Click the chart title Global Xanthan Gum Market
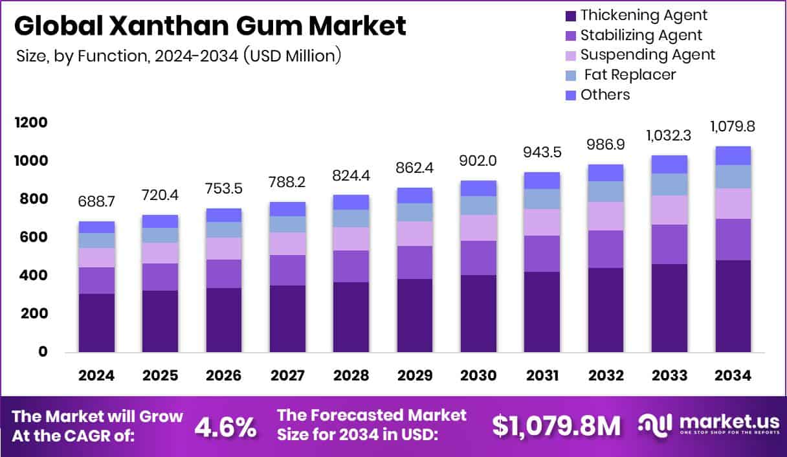point(210,26)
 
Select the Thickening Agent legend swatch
point(570,16)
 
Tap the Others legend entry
point(604,95)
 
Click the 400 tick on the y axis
point(32,276)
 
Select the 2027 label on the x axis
point(287,376)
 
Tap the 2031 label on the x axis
point(541,376)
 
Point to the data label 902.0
point(478,160)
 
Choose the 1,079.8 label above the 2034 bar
point(733,126)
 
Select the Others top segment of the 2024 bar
point(96,227)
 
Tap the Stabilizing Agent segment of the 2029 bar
point(414,262)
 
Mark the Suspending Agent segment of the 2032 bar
point(605,216)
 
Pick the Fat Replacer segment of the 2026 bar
point(223,230)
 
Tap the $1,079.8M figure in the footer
point(556,425)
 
